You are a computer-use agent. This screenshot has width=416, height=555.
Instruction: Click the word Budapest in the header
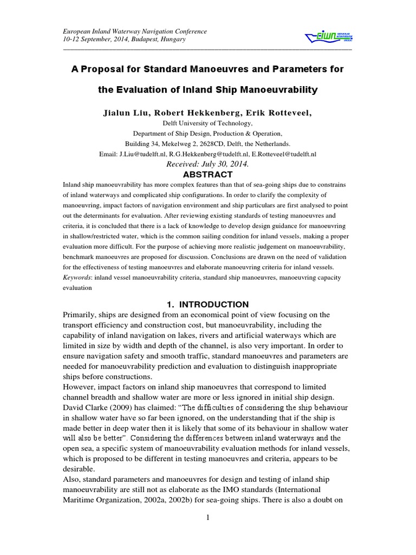tap(146, 40)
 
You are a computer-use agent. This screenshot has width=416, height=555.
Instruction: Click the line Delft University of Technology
tap(207, 124)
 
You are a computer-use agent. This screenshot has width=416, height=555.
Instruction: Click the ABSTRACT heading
tap(207, 175)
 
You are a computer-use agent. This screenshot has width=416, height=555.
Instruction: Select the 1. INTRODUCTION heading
tap(207, 304)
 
